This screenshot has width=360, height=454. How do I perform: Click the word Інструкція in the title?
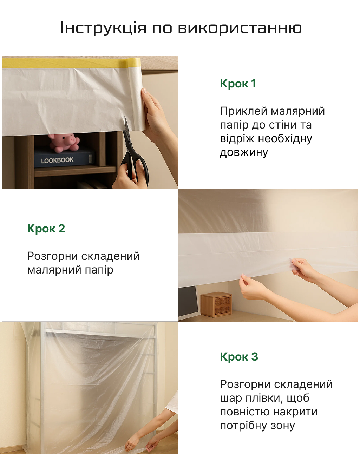pyautogui.click(x=103, y=28)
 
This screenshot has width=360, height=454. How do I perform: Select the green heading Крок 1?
pyautogui.click(x=238, y=83)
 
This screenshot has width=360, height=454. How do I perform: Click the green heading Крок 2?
pyautogui.click(x=46, y=228)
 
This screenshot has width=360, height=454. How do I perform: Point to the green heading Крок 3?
pyautogui.click(x=239, y=356)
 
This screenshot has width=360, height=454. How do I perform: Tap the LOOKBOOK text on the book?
pyautogui.click(x=57, y=160)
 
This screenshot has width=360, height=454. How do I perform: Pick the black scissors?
pyautogui.click(x=134, y=152)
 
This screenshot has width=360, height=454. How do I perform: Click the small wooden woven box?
pyautogui.click(x=216, y=305)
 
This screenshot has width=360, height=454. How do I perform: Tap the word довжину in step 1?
pyautogui.click(x=244, y=152)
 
